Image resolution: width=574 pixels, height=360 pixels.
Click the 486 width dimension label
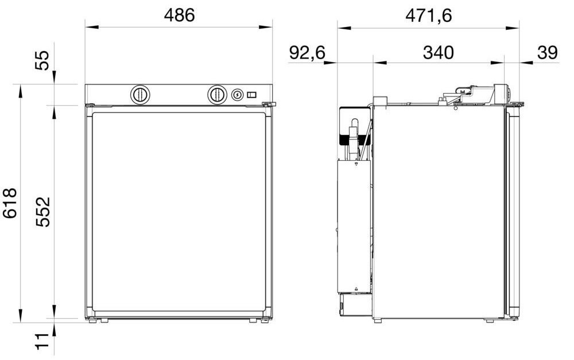179,16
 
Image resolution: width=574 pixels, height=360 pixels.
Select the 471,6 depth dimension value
429,16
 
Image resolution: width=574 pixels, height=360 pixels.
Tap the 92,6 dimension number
307,53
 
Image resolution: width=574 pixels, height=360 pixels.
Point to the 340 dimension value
438,53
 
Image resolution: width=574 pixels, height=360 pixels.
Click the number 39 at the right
547,53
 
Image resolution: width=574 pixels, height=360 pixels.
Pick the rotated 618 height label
10,203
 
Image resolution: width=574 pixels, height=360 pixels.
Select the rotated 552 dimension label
43,212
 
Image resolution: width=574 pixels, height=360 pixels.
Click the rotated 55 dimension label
42,60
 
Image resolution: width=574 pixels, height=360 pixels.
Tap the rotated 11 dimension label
42,341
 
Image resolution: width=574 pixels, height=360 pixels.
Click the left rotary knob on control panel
140,95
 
